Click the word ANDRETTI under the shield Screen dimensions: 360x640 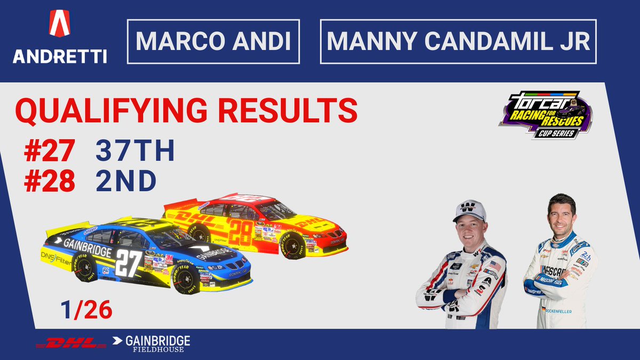click(60, 56)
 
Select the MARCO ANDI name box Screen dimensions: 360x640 click(213, 42)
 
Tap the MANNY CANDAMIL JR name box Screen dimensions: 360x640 click(458, 42)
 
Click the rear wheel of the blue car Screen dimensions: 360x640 click(85, 267)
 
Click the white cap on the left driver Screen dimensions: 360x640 click(469, 210)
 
